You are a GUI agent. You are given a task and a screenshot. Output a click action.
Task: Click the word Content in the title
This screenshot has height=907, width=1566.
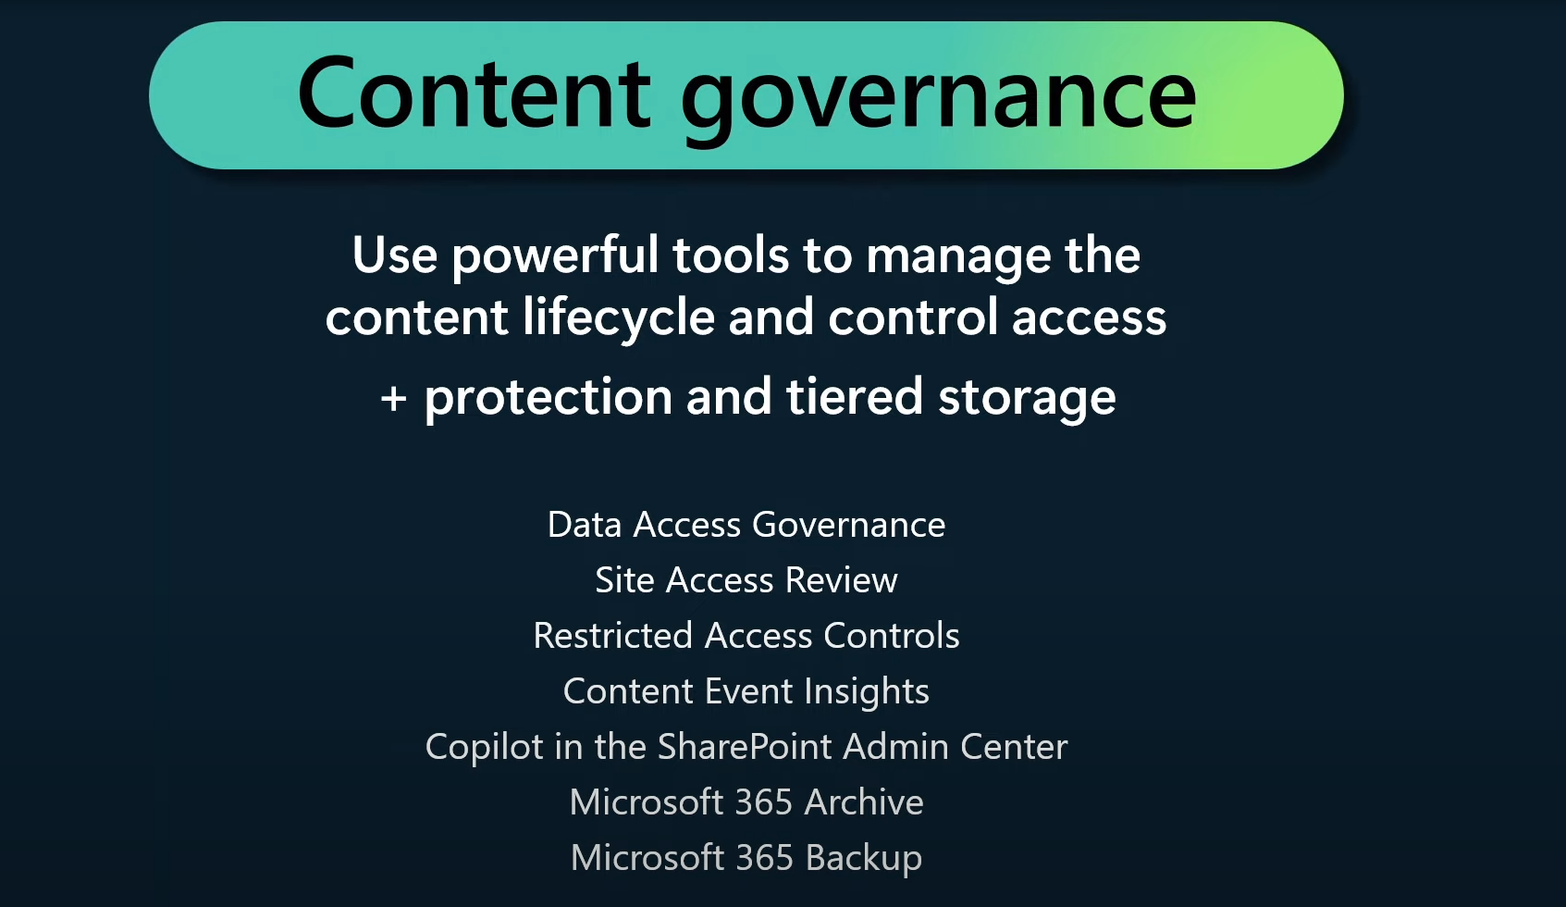coord(474,93)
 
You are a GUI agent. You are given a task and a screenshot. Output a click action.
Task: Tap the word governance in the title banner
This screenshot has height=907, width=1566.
coord(938,99)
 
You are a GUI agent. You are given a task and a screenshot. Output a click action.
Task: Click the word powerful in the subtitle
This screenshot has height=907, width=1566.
coord(555,256)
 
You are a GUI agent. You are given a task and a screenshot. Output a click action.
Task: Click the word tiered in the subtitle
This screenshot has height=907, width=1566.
coord(855,396)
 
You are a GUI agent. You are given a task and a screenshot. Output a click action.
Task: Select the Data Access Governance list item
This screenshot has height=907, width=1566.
coord(746,525)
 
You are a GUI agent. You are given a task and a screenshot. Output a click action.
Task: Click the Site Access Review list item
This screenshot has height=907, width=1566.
coord(746,579)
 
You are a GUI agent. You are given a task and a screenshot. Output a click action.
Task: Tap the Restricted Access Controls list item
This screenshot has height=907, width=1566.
coord(746,635)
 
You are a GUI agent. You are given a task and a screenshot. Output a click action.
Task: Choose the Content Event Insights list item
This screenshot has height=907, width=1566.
coord(746,691)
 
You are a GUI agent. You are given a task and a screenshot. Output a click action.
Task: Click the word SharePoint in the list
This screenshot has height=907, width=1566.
coord(745,747)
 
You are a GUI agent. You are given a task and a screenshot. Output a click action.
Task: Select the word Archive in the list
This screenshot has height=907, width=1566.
coord(863,801)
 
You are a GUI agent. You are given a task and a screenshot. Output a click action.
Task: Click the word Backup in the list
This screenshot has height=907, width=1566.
coord(863,858)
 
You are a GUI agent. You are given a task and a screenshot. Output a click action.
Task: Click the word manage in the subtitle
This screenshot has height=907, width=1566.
coord(957,258)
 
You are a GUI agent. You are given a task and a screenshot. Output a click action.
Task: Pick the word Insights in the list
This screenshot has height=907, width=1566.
coord(866,692)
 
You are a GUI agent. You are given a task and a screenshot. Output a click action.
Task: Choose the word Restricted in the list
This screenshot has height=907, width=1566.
coord(612,635)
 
